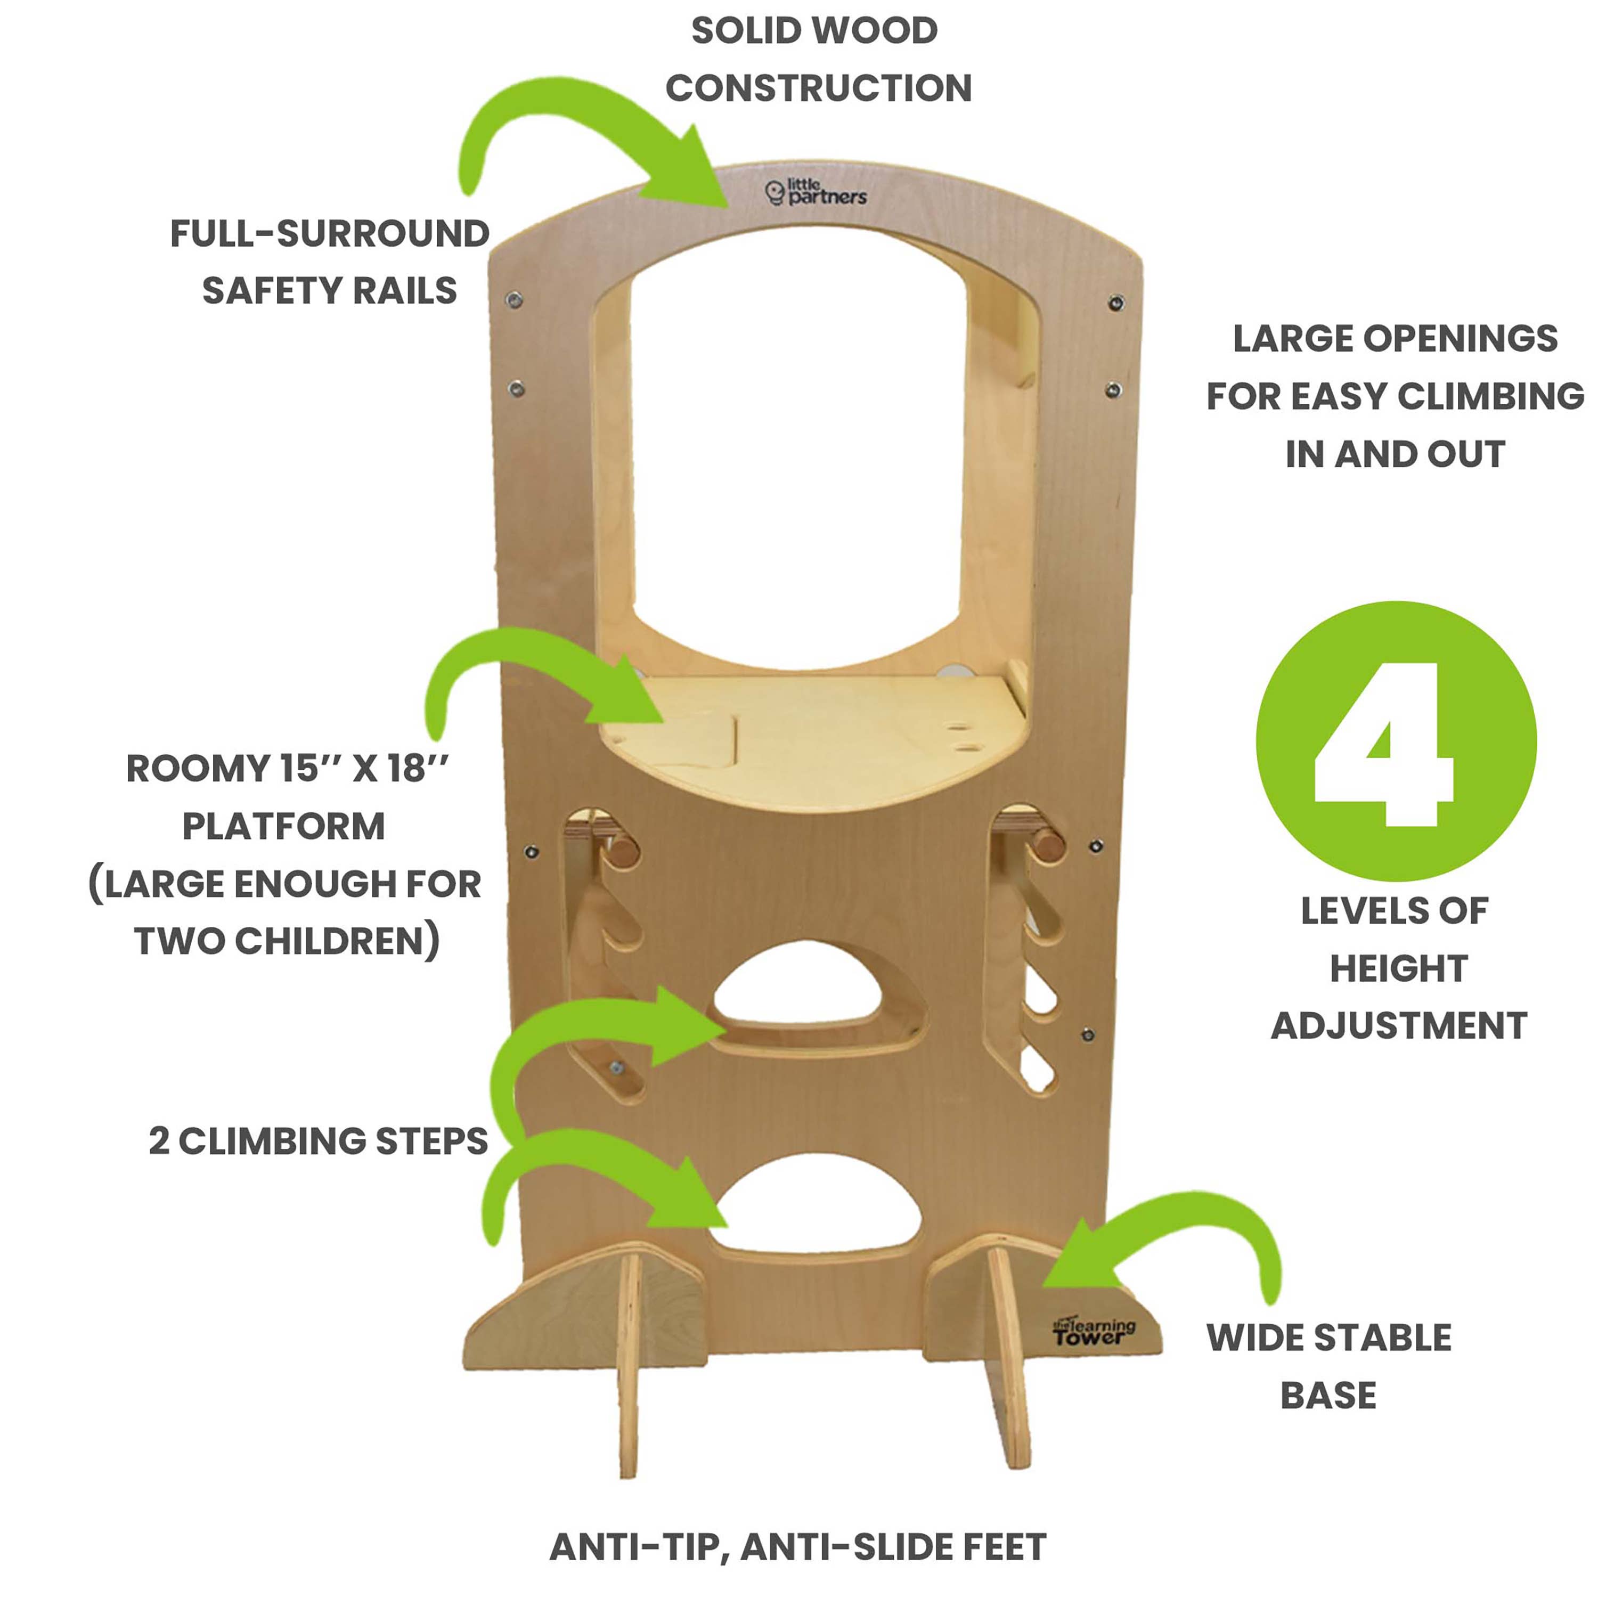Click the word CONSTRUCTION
[x=818, y=88]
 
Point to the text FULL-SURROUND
[x=329, y=234]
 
